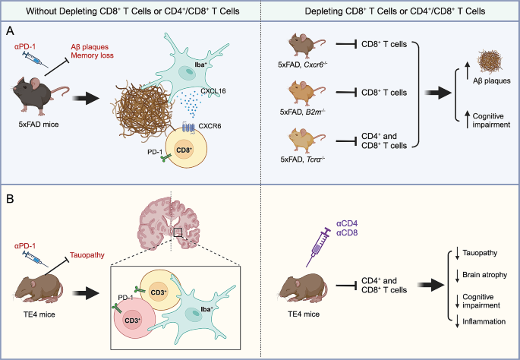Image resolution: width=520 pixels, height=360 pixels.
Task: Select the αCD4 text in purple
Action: pyautogui.click(x=348, y=223)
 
